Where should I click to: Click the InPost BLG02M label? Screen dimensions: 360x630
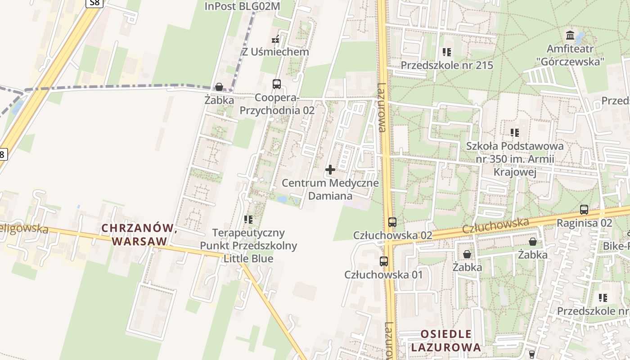(x=242, y=6)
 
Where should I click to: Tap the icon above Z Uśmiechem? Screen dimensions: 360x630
(x=276, y=40)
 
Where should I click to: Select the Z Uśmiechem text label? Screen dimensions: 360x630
(x=276, y=52)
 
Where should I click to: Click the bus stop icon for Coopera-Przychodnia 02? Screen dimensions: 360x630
(x=277, y=84)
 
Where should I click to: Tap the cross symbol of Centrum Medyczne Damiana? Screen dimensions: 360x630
(x=330, y=170)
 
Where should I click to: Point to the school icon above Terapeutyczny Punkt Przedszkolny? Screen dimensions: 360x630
(x=248, y=220)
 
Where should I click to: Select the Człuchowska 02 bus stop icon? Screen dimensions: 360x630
(x=392, y=222)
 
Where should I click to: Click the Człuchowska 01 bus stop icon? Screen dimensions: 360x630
(x=384, y=261)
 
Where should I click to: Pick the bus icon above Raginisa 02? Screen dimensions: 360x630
(x=584, y=210)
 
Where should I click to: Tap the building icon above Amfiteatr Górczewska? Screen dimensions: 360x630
(x=570, y=35)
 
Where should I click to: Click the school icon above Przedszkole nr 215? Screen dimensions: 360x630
(x=447, y=52)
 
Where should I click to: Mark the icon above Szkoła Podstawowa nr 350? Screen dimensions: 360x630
(x=515, y=133)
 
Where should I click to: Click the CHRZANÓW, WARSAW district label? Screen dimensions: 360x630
(x=139, y=234)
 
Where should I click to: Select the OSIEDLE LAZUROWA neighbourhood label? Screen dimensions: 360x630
(x=446, y=341)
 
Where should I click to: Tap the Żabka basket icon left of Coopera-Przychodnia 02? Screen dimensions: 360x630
(x=219, y=87)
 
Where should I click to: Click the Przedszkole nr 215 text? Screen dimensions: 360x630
(x=447, y=65)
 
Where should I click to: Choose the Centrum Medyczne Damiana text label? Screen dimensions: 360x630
(x=330, y=189)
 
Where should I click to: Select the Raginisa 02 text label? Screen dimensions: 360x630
(x=585, y=223)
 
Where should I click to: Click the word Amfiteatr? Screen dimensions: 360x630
(x=570, y=49)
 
